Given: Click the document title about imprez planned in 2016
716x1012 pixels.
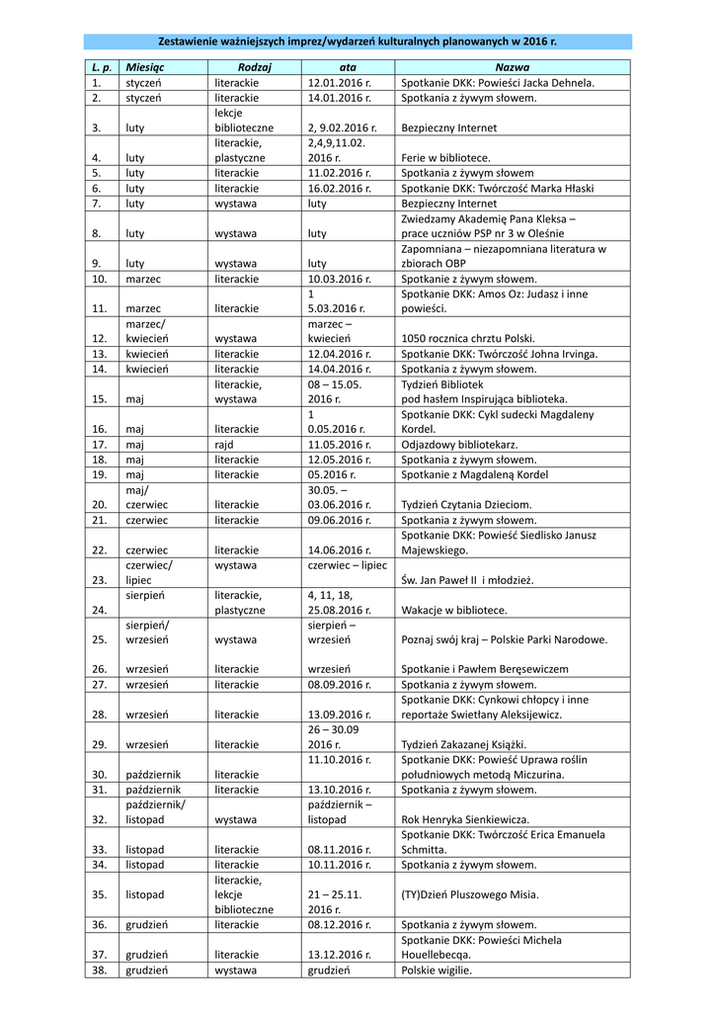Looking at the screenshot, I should pos(358,42).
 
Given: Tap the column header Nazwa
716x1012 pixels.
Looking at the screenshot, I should pos(512,67).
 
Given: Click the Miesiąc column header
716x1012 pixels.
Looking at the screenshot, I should pos(145,67).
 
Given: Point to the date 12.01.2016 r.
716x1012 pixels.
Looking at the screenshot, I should pos(339,83).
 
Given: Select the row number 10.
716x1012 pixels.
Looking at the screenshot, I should pos(98,279).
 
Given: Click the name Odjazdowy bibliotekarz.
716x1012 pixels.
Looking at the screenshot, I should pos(459,445).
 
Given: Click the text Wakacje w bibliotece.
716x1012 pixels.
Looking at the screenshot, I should pos(453,610).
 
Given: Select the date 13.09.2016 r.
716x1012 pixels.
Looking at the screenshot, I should pos(339,714).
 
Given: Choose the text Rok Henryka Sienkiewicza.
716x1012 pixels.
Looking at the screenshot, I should pos(465,818).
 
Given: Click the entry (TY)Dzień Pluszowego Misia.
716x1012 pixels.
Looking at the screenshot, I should pos(470,894).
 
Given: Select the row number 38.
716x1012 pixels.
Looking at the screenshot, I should pos(98,970).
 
